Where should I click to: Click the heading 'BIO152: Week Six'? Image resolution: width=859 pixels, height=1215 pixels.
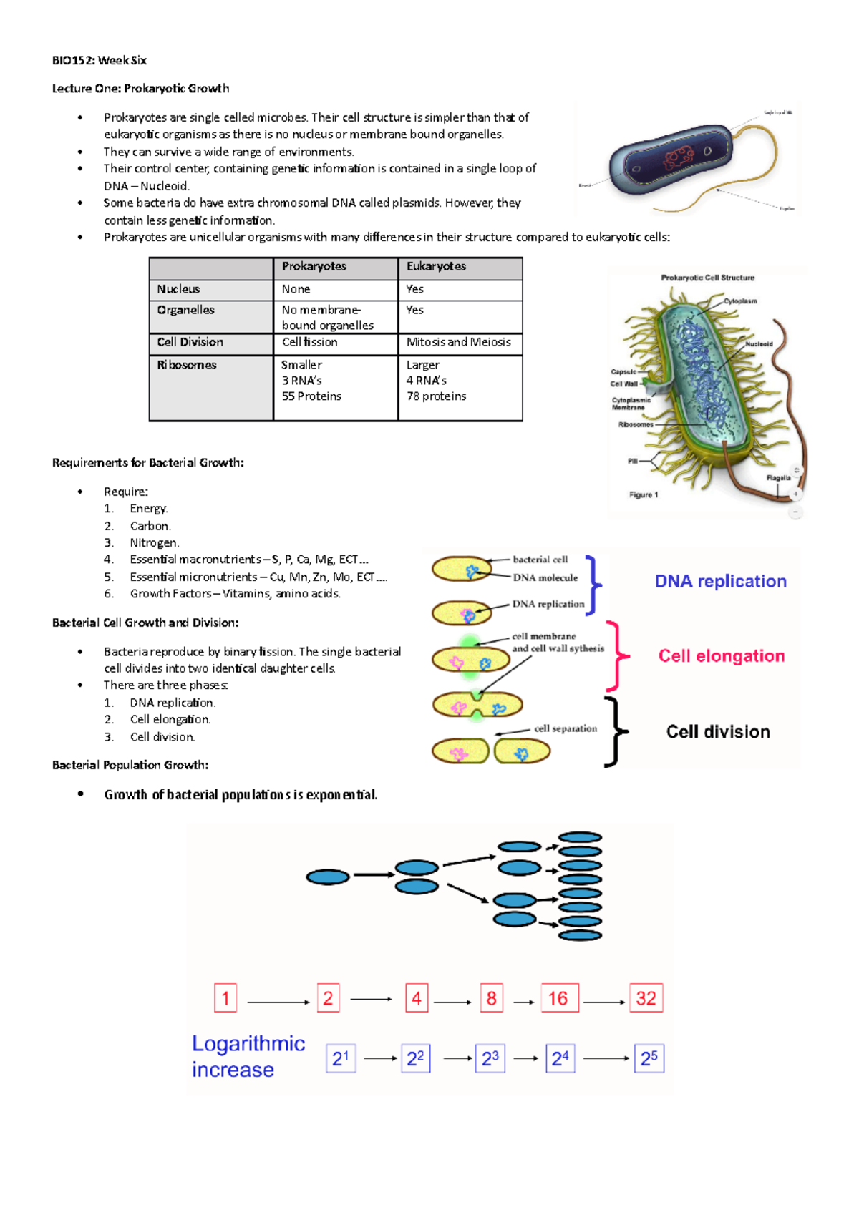tap(100, 60)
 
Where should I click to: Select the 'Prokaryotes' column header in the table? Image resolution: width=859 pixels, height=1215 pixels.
tap(314, 266)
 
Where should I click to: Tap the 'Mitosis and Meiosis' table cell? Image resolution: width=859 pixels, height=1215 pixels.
tap(459, 342)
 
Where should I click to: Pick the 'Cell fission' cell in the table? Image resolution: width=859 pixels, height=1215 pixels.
tap(309, 342)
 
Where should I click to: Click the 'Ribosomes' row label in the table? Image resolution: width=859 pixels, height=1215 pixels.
tap(187, 365)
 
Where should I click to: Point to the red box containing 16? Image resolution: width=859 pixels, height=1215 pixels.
tap(558, 998)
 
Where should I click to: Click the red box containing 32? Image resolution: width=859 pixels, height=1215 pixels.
tap(646, 998)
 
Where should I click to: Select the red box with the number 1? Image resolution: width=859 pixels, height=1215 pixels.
tap(225, 998)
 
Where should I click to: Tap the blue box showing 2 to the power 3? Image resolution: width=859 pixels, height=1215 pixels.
tap(490, 1058)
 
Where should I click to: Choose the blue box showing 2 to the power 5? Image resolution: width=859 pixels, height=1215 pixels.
tap(649, 1058)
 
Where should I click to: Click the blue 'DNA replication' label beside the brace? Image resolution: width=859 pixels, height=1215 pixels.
tap(720, 581)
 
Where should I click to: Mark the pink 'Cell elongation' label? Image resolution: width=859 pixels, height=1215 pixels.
tap(721, 656)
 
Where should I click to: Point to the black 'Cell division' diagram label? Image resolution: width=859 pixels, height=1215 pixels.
tap(718, 731)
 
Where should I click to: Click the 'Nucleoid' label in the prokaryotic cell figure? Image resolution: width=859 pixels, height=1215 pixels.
tap(759, 344)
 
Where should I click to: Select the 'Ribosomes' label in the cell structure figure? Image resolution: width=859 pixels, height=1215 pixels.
tap(636, 424)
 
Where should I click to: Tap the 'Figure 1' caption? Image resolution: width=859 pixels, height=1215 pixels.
tap(644, 494)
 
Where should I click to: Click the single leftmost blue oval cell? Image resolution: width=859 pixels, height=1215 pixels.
tap(328, 877)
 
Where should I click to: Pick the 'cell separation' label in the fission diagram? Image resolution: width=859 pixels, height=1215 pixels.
tap(566, 728)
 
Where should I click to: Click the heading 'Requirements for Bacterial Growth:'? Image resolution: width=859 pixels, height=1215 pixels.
tap(148, 463)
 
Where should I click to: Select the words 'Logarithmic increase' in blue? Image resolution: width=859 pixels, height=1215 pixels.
tap(248, 1057)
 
